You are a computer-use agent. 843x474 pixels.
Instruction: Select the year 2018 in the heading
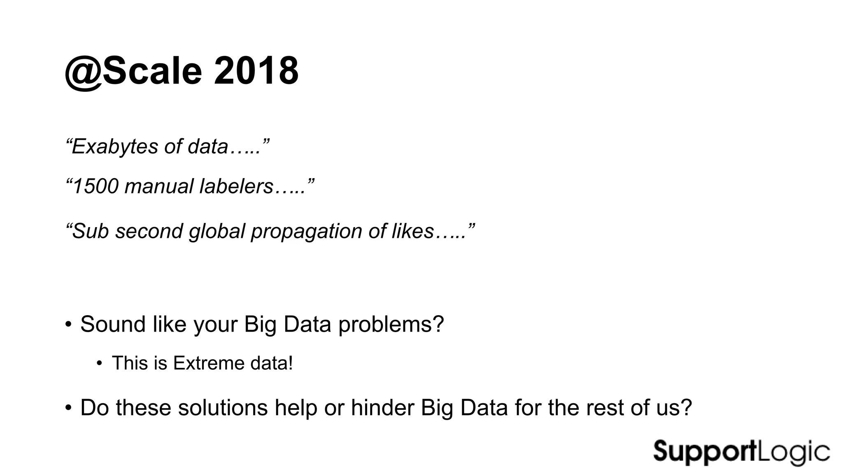point(256,71)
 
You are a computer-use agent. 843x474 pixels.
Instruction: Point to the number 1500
point(95,186)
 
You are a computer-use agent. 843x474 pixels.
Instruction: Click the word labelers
point(236,186)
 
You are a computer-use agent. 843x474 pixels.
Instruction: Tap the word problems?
point(391,324)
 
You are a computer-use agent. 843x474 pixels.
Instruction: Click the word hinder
point(382,408)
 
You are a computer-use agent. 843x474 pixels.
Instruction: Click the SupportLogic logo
point(741,452)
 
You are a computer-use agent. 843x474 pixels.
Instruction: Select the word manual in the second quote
point(158,186)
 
